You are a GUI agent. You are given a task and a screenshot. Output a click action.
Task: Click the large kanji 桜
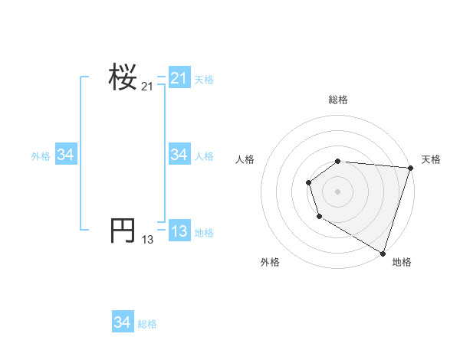click(x=123, y=77)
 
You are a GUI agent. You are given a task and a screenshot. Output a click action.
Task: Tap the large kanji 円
click(x=123, y=230)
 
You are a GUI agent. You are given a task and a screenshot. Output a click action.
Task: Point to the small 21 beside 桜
click(x=147, y=87)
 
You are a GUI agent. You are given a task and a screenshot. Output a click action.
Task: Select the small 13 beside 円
click(x=147, y=240)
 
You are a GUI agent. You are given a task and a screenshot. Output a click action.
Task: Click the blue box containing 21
click(x=179, y=78)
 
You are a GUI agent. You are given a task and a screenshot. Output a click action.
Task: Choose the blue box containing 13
click(x=179, y=231)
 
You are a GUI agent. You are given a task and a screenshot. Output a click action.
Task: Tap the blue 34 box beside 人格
click(x=179, y=155)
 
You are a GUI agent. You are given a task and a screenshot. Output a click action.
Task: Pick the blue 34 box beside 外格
click(x=66, y=155)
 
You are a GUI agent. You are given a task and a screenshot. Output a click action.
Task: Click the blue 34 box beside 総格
click(x=122, y=322)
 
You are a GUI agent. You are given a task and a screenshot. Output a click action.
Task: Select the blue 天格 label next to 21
click(x=204, y=79)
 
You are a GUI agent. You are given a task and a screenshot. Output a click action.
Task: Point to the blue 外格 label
click(x=41, y=155)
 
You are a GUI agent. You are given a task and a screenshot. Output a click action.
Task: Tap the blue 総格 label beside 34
click(x=147, y=324)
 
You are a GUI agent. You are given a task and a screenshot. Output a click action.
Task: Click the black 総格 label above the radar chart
click(x=338, y=100)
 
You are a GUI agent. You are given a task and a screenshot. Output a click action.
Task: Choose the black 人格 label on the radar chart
click(x=245, y=159)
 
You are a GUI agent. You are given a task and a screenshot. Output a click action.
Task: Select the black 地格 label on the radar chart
click(x=402, y=262)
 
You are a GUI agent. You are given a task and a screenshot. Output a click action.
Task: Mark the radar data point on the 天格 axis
click(x=410, y=168)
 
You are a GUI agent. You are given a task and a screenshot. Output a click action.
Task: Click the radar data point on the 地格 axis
click(x=383, y=252)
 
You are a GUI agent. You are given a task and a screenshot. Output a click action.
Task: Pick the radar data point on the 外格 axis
click(x=319, y=218)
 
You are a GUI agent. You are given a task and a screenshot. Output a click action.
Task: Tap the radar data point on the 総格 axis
click(x=338, y=161)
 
